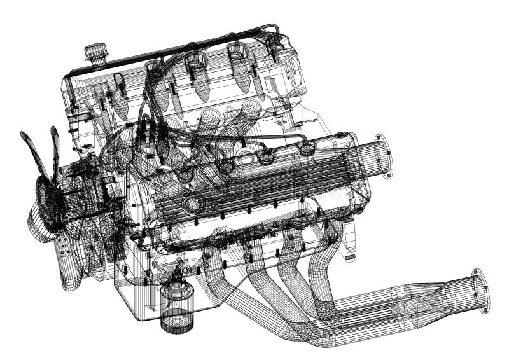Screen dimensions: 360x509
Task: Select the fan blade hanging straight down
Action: click(69, 258)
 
